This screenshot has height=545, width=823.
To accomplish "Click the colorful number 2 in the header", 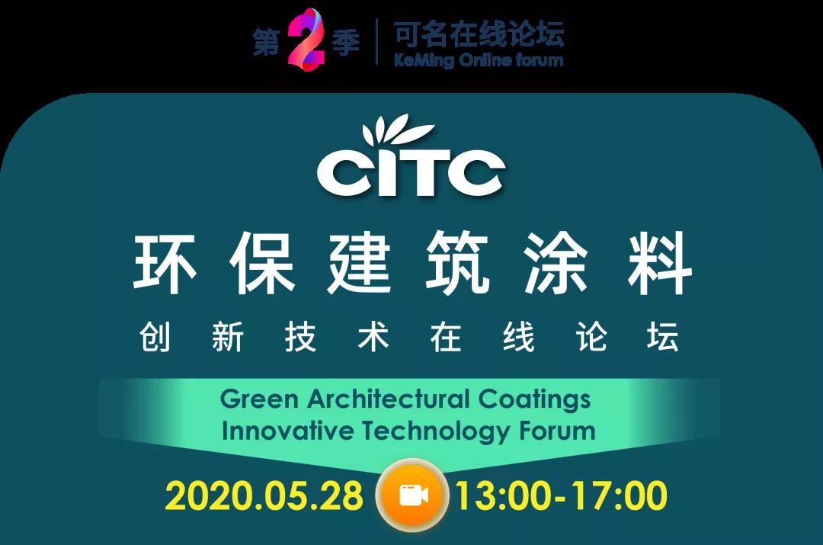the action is [x=306, y=38].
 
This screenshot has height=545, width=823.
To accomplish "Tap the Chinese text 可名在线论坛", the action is [x=479, y=34].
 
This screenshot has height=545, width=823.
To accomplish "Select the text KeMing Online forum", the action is [x=479, y=60].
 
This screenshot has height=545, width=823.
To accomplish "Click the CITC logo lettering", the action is [x=411, y=172].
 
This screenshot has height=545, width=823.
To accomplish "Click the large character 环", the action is [x=165, y=263].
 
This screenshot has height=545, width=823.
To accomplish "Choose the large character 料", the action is [x=660, y=263].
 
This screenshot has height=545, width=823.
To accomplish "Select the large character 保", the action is [x=261, y=263].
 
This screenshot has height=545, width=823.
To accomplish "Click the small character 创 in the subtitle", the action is [x=155, y=337].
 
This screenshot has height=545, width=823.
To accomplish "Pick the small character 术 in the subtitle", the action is [x=373, y=337].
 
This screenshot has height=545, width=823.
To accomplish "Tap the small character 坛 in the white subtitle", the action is [x=663, y=337].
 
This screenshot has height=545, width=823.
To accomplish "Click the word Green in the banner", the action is [x=259, y=399].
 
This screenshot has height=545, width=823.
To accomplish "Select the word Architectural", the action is [x=388, y=399].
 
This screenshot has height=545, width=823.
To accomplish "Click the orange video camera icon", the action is [x=412, y=495].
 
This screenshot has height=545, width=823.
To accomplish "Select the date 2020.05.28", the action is [x=264, y=495].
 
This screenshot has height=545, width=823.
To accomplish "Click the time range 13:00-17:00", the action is [x=561, y=495].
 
